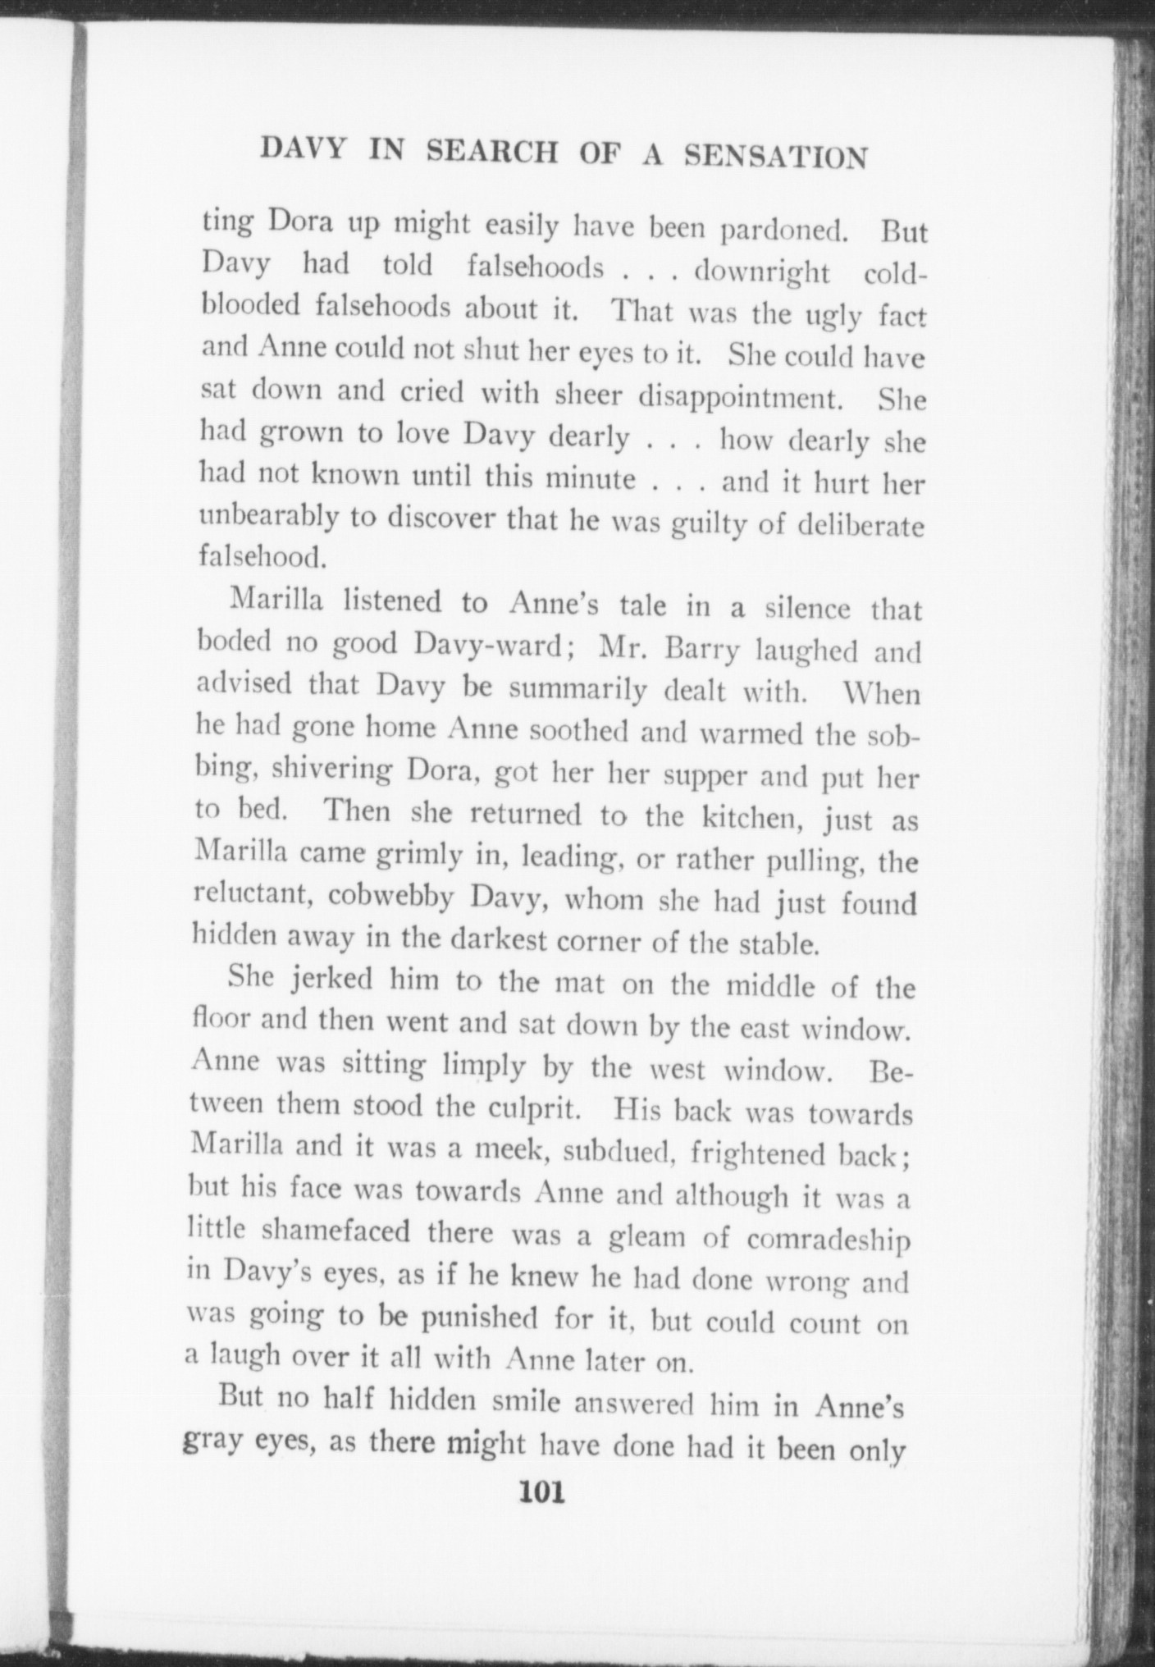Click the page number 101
[542, 1491]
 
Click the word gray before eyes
[212, 1442]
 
